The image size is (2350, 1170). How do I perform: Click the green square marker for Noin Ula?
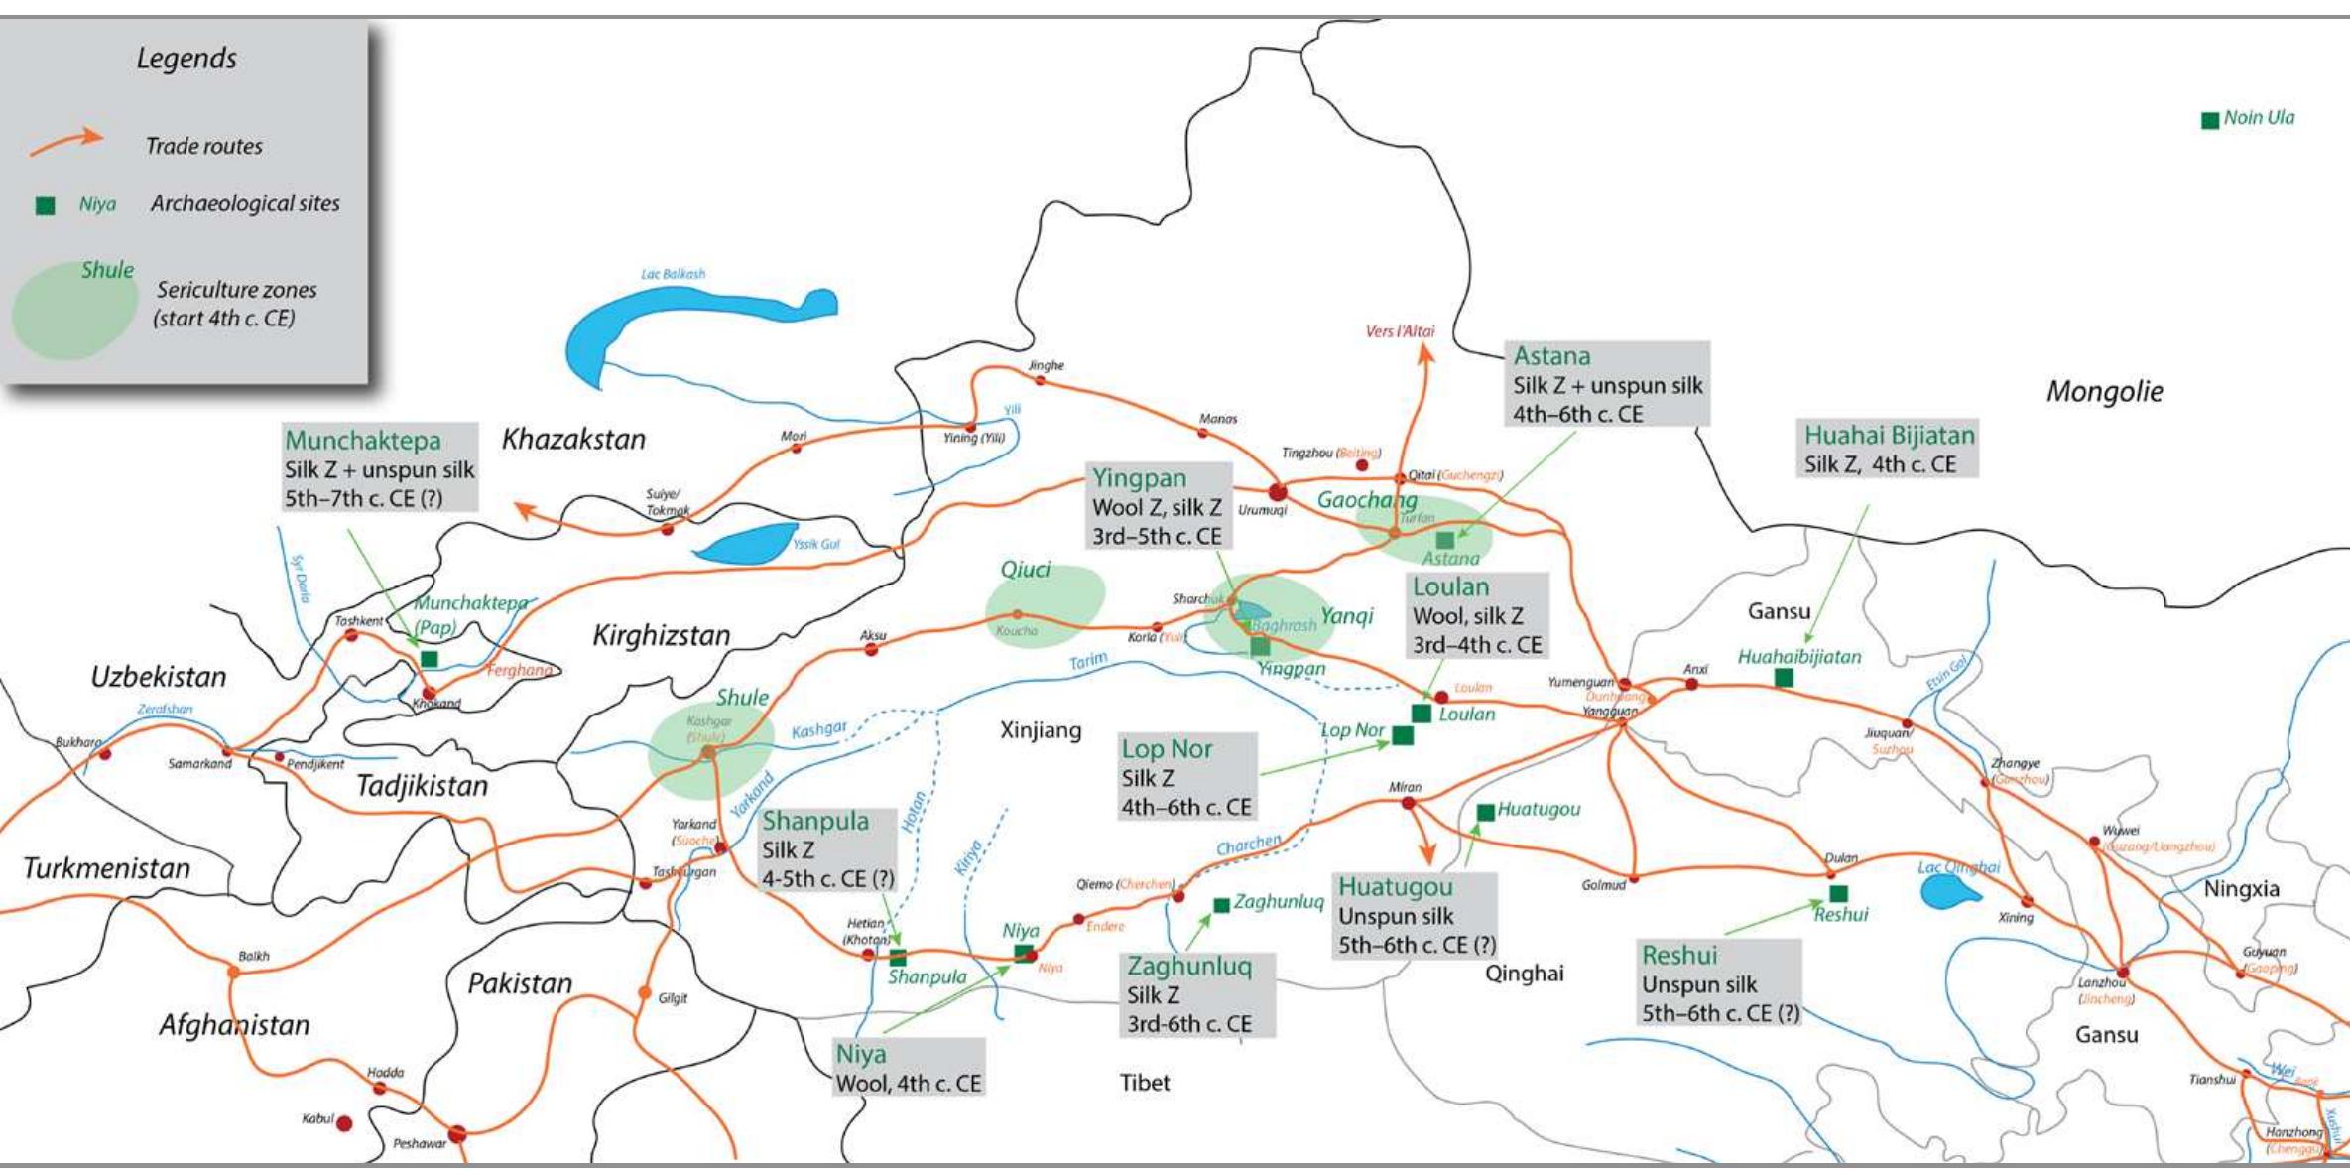coord(2210,120)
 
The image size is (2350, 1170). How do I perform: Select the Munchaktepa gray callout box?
coord(379,467)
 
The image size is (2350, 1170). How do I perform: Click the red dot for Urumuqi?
coord(1278,491)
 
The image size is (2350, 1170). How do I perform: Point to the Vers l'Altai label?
coord(1400,331)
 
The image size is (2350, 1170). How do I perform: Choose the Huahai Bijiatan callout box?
coord(1887,449)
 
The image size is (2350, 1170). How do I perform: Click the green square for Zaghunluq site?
coord(1222,905)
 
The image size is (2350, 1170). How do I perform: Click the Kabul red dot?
coord(344,1123)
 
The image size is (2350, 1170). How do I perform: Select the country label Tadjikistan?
coord(423,786)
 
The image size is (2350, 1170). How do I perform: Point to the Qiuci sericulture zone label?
coord(1025,570)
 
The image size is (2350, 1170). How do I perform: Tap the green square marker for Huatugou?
coord(1485,812)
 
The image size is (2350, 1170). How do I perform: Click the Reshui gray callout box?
coord(1718,982)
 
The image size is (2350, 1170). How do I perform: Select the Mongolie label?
coord(2104,391)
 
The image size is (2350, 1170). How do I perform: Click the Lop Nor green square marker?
coord(1403,735)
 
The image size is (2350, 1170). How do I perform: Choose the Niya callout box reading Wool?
coord(909,1068)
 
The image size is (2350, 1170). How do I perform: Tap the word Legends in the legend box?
coord(186,59)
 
